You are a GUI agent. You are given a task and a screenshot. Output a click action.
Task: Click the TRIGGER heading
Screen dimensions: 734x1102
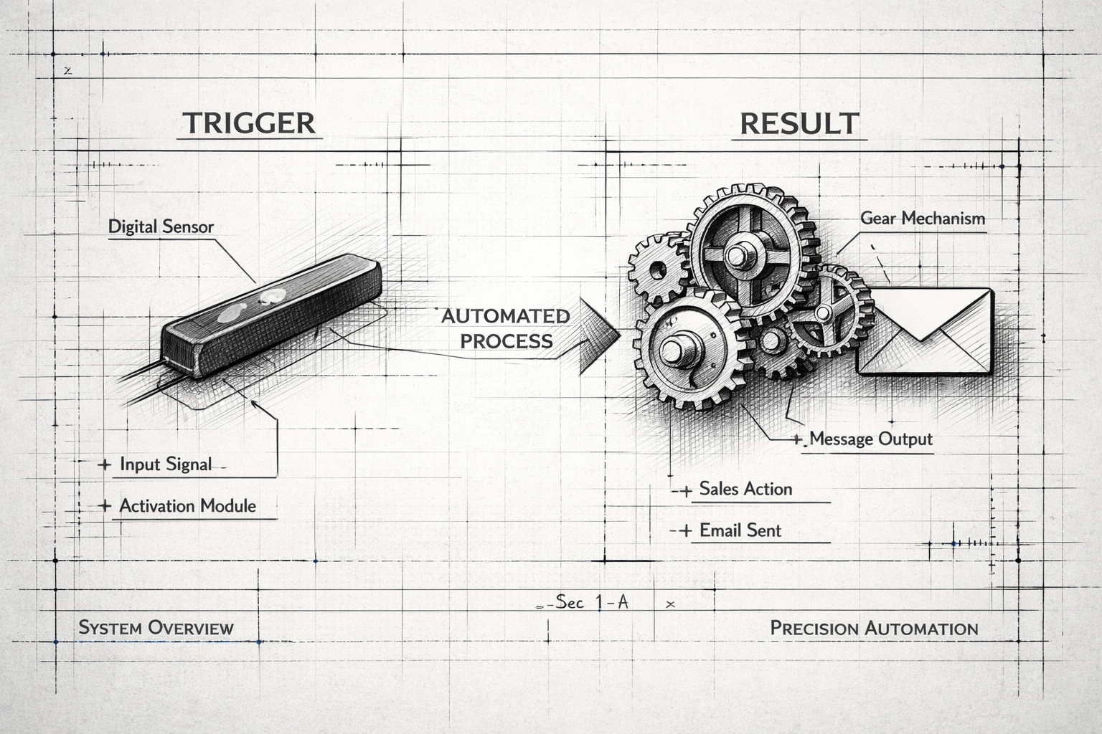tap(249, 123)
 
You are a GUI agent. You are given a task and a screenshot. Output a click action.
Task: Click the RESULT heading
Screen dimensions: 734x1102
tap(799, 124)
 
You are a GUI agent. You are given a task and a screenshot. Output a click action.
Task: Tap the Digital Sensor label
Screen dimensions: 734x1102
tap(161, 227)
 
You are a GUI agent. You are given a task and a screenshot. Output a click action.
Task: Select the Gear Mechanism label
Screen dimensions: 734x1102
tap(922, 218)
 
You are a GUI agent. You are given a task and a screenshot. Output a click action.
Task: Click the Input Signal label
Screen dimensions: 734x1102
tap(166, 464)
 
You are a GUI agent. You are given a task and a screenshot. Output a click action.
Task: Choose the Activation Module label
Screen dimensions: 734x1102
tap(187, 505)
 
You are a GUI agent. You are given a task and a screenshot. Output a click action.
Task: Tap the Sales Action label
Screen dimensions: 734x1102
tap(745, 489)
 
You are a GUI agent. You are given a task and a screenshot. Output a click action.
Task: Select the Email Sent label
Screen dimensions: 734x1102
tap(740, 530)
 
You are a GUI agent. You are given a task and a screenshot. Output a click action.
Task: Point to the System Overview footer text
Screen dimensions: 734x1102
tap(156, 628)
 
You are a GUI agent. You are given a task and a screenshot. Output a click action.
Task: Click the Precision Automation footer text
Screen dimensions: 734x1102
tap(874, 629)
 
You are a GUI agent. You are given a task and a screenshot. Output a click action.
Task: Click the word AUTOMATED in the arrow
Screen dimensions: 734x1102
tap(506, 316)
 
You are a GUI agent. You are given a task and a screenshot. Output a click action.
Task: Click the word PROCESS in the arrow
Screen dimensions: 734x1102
tap(507, 340)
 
